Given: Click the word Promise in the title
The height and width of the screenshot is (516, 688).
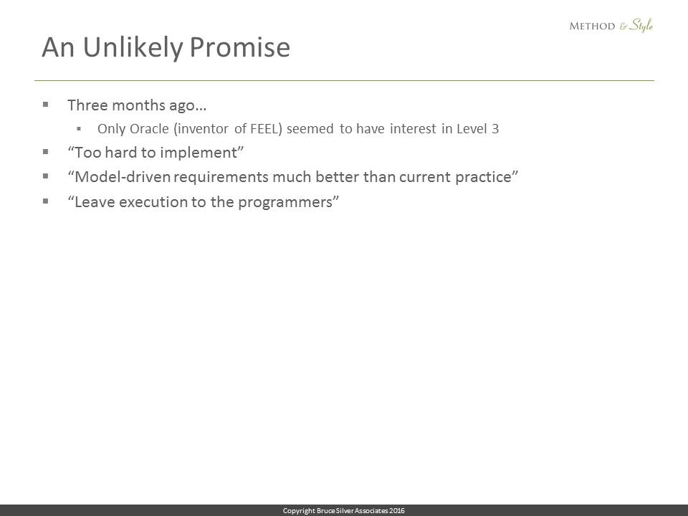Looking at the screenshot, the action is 240,47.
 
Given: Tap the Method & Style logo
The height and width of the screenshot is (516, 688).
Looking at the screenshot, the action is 611,26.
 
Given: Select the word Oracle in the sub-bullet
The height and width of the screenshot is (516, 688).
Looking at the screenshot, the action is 149,128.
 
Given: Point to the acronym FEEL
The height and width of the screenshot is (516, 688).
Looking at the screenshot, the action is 263,128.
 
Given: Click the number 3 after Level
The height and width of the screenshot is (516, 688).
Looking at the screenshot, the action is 495,128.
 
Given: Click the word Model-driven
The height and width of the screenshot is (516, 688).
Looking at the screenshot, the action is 123,177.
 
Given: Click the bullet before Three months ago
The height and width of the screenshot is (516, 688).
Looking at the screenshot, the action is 46,105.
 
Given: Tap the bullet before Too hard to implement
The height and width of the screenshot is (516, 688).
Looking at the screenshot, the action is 46,152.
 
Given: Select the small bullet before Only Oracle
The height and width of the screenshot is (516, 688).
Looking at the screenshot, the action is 79,128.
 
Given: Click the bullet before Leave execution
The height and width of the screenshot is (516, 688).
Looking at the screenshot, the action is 46,201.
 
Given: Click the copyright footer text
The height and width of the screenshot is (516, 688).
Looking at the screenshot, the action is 343,511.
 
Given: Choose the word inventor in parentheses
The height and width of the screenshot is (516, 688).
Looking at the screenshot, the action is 204,128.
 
